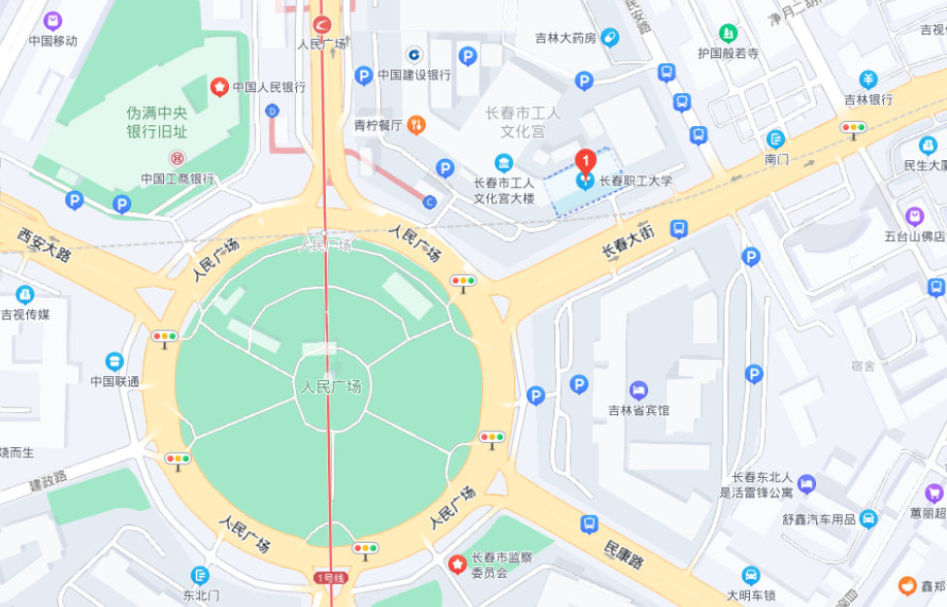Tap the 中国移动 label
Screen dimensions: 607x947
click(52, 41)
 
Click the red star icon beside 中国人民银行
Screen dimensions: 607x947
click(220, 87)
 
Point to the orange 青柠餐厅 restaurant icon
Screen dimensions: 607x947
click(416, 124)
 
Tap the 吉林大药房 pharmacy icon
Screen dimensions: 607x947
click(609, 38)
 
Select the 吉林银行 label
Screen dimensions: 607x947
click(867, 99)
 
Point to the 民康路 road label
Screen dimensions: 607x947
click(624, 554)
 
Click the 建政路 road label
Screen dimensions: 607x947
click(48, 479)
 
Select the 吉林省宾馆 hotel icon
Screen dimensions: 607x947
click(638, 390)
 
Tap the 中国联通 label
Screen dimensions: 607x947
click(114, 381)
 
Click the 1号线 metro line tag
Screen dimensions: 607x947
click(329, 578)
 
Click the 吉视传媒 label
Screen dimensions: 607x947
click(25, 314)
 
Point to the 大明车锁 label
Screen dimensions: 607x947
click(751, 594)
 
